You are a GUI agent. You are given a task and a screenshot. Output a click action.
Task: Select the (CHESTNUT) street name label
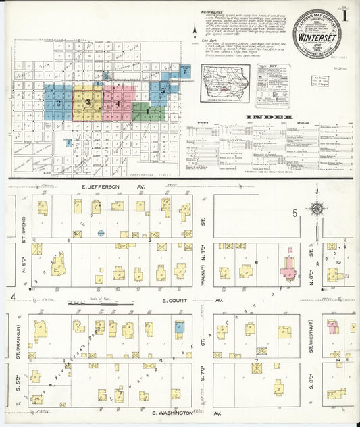click(311, 340)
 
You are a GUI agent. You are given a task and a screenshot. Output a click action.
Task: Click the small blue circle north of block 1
click(101, 233)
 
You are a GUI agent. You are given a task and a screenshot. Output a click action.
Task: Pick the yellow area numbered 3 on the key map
click(88, 101)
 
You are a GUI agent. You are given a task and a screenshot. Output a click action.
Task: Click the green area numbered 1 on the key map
click(147, 111)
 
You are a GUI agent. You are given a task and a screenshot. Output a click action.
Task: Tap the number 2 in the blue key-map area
click(59, 103)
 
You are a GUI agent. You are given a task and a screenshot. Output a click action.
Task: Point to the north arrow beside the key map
click(195, 30)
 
